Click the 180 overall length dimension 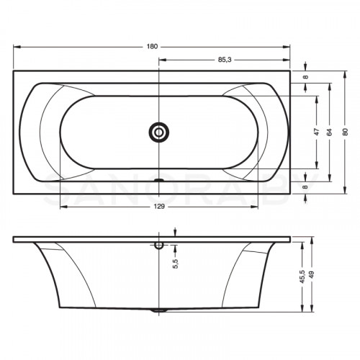click(152, 47)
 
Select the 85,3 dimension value click(225, 60)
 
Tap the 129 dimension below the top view click(159, 207)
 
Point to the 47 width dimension click(317, 132)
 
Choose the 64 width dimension click(330, 132)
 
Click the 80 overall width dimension click(346, 132)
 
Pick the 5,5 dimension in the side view click(176, 264)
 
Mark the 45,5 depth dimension click(302, 276)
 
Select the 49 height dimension click(312, 274)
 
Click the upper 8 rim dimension click(305, 77)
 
